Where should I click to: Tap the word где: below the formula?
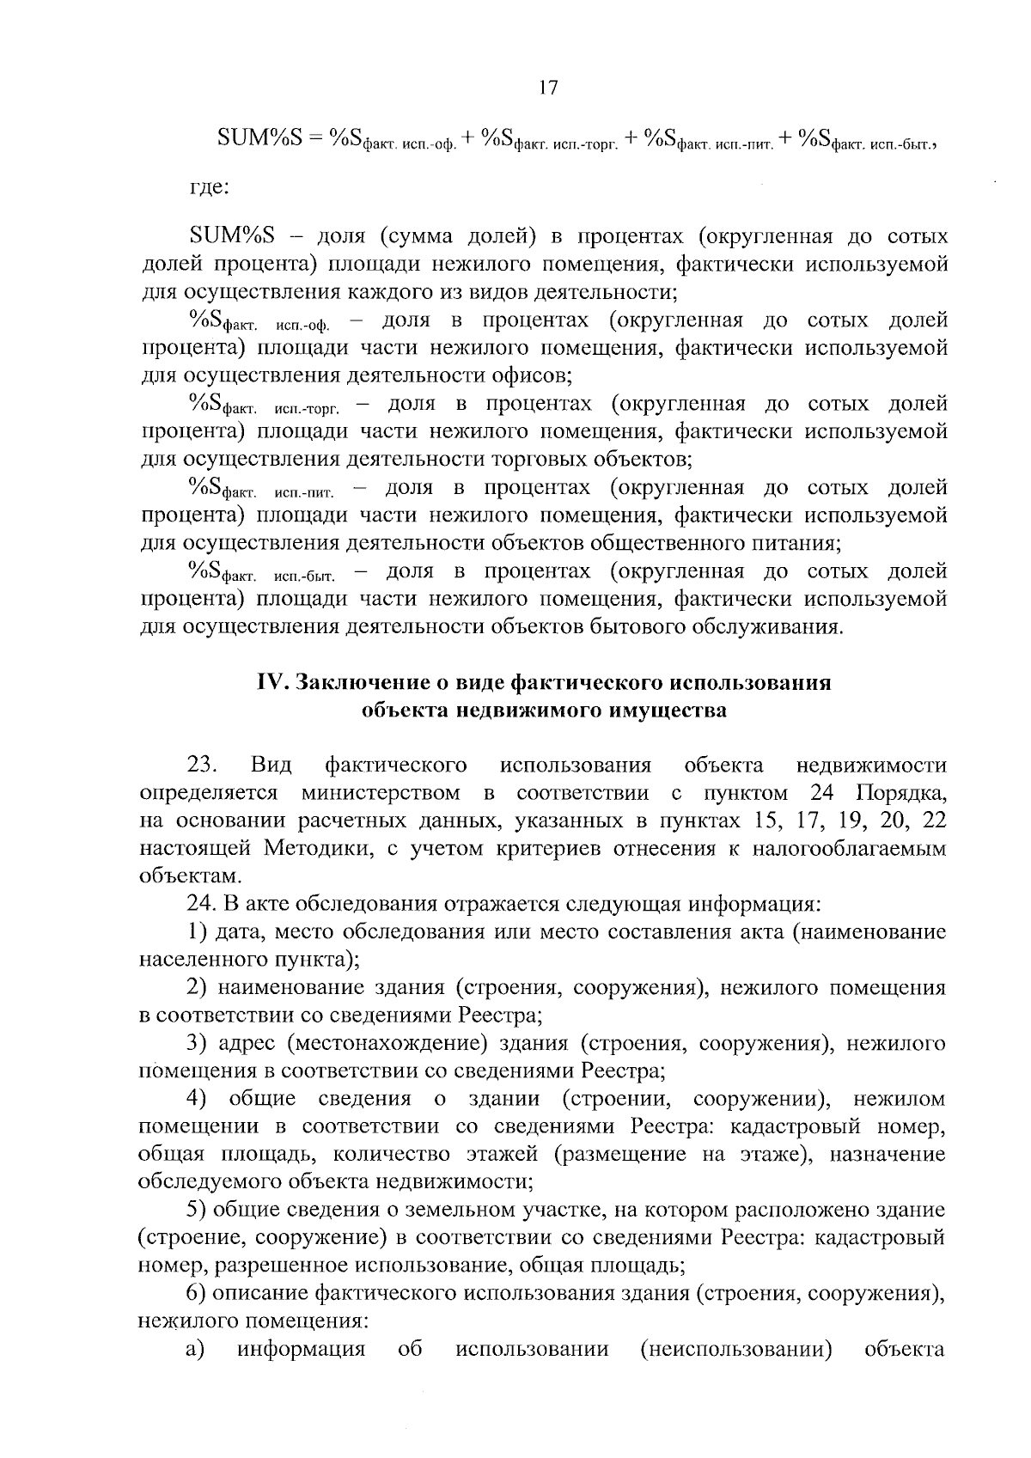click(x=209, y=186)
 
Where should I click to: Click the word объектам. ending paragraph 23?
click(x=185, y=876)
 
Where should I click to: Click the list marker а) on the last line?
click(x=195, y=1350)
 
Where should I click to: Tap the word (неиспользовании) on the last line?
click(x=736, y=1350)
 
